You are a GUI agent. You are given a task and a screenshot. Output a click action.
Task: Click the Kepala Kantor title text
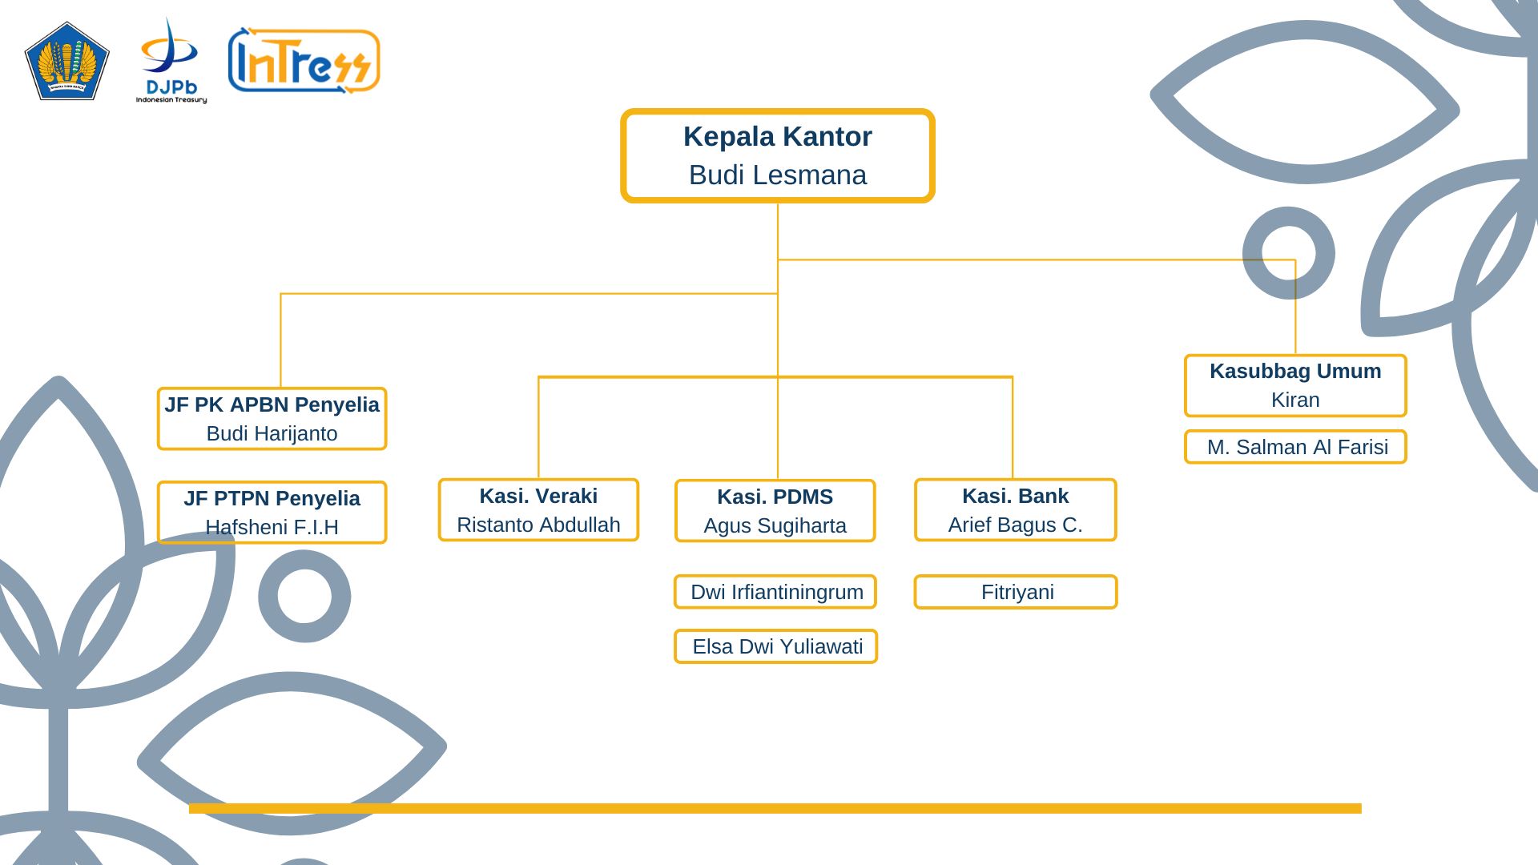(777, 137)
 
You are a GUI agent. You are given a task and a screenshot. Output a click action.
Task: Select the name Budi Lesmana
(777, 175)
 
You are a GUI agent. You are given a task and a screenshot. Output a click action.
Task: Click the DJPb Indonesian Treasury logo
(171, 62)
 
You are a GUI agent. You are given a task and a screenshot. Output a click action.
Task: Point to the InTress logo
(304, 61)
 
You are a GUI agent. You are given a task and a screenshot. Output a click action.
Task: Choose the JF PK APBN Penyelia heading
(272, 404)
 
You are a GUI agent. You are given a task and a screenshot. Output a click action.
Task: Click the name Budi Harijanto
(272, 433)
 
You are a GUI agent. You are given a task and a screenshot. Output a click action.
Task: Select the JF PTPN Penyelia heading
(272, 498)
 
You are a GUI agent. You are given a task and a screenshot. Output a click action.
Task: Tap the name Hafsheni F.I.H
(272, 527)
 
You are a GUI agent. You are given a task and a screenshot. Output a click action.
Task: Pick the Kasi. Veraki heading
(538, 496)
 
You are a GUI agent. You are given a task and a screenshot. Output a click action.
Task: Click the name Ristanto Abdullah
(538, 525)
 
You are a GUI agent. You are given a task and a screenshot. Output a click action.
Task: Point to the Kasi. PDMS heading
(775, 497)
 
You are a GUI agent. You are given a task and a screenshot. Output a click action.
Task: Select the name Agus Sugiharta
(775, 525)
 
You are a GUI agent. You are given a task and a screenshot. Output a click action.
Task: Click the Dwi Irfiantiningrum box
(775, 592)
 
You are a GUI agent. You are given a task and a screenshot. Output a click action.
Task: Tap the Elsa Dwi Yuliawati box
(775, 646)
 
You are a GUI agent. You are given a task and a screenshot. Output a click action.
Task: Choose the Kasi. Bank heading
(1015, 496)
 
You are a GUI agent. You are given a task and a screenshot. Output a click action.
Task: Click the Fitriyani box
(1016, 592)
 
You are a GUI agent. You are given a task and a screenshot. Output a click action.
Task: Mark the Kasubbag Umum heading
(1295, 371)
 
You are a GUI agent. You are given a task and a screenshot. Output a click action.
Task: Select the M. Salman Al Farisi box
(1295, 447)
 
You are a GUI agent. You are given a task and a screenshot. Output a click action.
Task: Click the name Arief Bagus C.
(1015, 525)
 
